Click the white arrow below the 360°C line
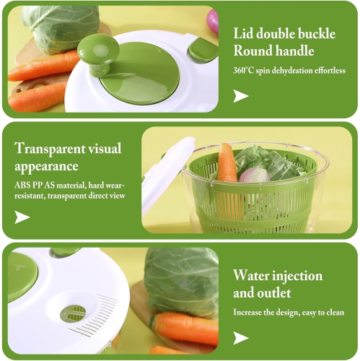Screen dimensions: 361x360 pos(240,95)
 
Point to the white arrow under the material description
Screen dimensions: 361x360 pos(22,217)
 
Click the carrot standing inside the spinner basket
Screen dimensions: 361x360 pos(227,165)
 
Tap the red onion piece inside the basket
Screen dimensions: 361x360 pos(253,175)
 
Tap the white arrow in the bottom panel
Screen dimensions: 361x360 pos(240,337)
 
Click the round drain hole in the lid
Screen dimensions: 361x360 pos(73,313)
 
